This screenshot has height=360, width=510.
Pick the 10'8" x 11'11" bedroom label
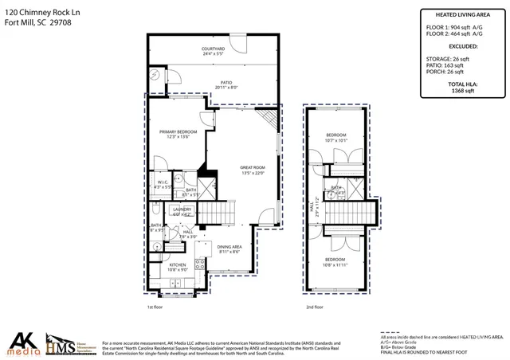click(335, 261)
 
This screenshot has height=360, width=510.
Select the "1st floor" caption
click(155, 307)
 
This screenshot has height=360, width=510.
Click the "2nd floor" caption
click(315, 307)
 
